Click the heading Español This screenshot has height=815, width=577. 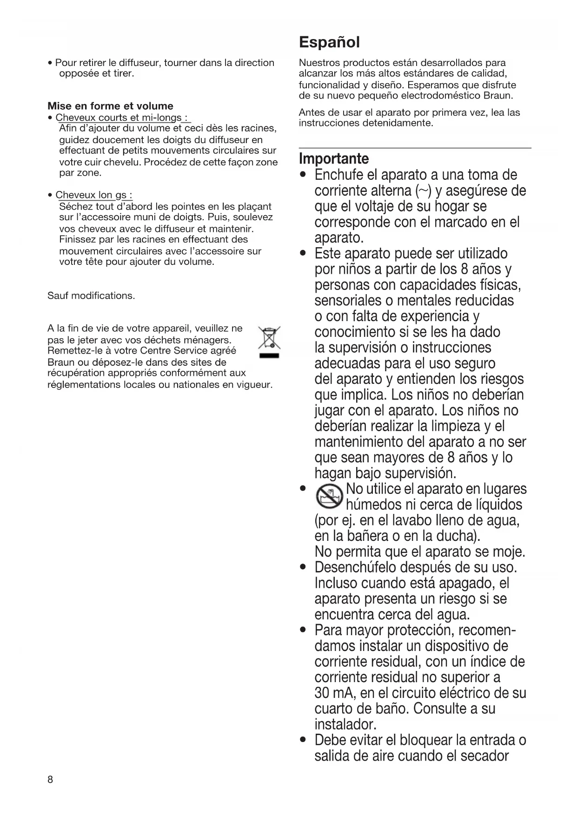coord(329,42)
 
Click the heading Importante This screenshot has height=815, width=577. coord(334,158)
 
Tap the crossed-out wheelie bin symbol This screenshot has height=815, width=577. coord(269,341)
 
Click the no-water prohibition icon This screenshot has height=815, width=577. coord(329,496)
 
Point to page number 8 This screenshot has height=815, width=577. coord(50,780)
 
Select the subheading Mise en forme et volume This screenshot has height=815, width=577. coord(110,106)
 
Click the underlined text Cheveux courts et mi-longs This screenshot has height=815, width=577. coord(118,118)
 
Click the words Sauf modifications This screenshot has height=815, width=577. coord(91,296)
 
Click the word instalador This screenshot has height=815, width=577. coord(345,724)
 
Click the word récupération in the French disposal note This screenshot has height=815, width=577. coord(76,373)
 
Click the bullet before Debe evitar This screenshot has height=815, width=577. coord(303,740)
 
